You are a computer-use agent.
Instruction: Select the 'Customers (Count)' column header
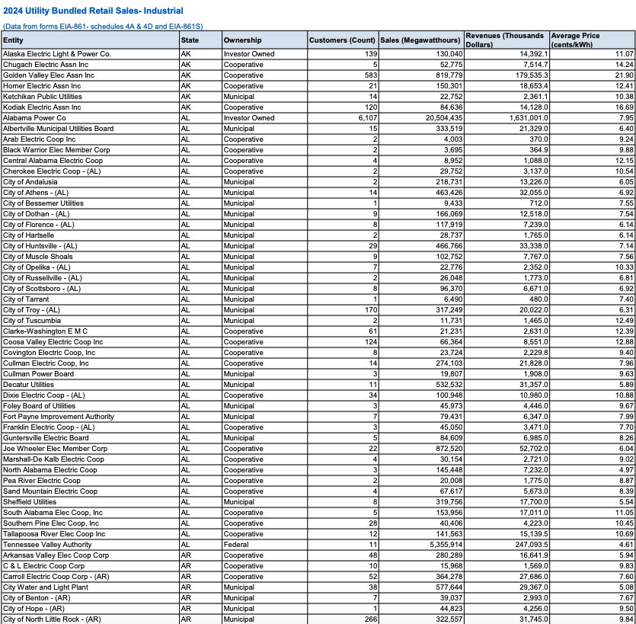(x=343, y=40)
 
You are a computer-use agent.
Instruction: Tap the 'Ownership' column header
(x=243, y=40)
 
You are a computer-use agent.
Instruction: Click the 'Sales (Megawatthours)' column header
(x=420, y=40)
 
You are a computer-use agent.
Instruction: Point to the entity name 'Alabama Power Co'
(x=34, y=118)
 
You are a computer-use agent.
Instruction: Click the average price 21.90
(x=624, y=75)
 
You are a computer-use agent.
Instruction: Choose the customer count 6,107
(x=366, y=118)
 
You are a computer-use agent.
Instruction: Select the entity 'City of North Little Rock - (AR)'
(x=52, y=619)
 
